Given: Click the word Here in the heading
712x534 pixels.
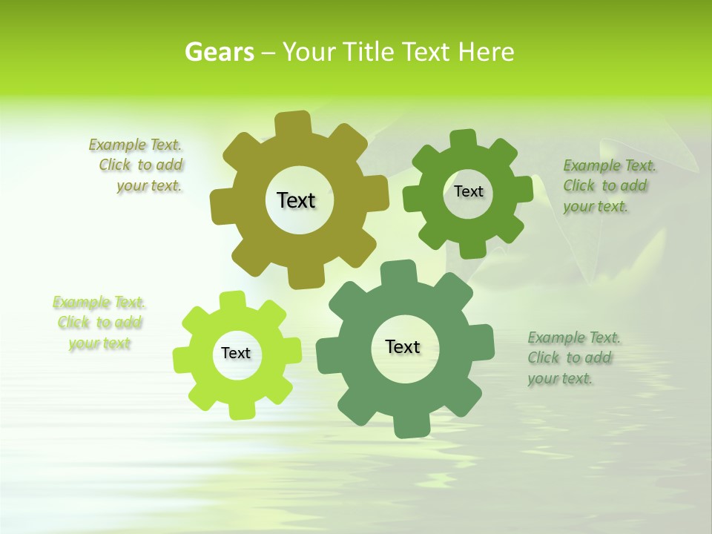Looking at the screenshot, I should [x=486, y=52].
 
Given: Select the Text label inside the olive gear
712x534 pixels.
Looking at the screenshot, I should [x=296, y=200].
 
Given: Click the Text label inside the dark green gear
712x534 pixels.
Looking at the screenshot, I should [x=468, y=191].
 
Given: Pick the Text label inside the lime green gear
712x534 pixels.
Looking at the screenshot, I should [x=236, y=353].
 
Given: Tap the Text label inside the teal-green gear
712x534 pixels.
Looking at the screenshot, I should [x=403, y=346].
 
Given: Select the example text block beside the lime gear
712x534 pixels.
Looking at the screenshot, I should [x=99, y=323].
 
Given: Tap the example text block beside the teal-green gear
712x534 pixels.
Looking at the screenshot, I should [x=573, y=357].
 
